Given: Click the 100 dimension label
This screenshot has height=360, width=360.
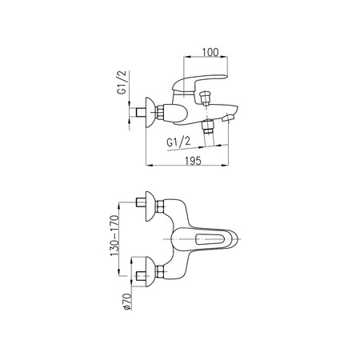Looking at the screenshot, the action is (210, 52).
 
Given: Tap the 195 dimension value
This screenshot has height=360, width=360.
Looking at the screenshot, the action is (193, 161).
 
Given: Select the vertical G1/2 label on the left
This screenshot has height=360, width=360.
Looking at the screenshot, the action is (122, 82).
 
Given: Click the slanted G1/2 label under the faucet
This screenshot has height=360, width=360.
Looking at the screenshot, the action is (178, 142).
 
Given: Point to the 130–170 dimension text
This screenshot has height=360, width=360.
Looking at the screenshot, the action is (114, 235).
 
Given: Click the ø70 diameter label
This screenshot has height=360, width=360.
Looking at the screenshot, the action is (127, 302).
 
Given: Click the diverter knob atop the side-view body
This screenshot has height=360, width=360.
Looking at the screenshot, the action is (206, 98).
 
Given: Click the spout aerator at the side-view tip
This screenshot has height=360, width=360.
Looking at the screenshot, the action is (228, 118).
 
